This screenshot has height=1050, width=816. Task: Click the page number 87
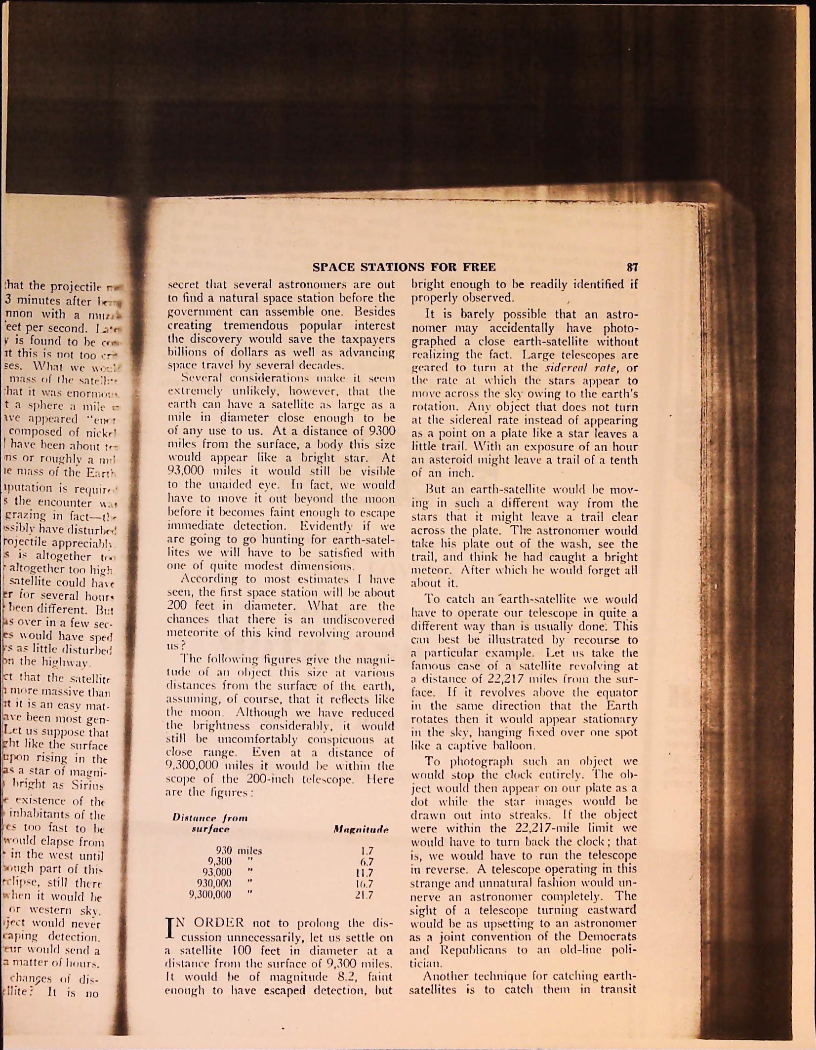pos(632,267)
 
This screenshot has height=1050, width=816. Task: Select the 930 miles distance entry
pos(239,851)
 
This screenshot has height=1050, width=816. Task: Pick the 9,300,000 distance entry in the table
pos(210,894)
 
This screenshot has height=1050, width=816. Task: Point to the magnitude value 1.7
pos(367,851)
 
